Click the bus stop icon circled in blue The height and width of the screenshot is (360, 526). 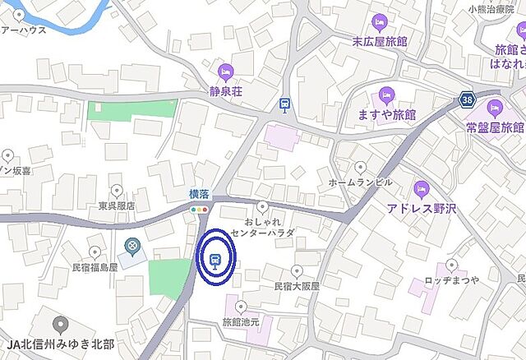(215, 262)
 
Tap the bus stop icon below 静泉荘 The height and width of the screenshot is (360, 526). (284, 104)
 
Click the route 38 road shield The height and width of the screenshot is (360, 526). (467, 99)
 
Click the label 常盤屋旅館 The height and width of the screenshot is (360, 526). (494, 127)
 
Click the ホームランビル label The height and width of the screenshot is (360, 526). (354, 181)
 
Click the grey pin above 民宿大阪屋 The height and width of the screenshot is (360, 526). (297, 271)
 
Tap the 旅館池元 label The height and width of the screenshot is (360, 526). (240, 322)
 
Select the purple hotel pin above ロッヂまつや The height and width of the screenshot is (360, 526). (450, 265)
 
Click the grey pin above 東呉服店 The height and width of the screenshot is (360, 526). (116, 191)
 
